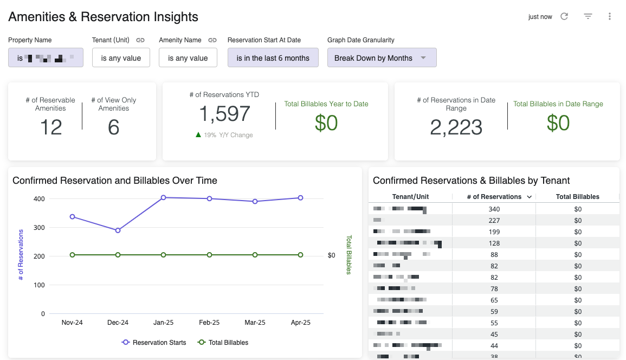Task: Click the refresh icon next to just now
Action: click(x=564, y=16)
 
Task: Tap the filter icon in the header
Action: click(x=588, y=16)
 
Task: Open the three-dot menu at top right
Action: click(x=610, y=16)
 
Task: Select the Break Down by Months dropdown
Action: click(x=382, y=58)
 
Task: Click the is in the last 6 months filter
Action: click(x=273, y=58)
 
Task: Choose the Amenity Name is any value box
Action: click(x=188, y=58)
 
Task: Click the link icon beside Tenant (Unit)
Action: click(x=140, y=40)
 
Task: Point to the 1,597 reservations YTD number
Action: click(x=224, y=114)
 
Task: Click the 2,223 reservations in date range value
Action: click(x=456, y=127)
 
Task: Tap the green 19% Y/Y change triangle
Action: click(x=198, y=135)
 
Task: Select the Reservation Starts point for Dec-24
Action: click(x=118, y=230)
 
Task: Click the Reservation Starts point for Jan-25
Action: click(x=164, y=197)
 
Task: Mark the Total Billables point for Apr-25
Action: click(x=301, y=255)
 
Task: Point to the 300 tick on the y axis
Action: click(x=38, y=227)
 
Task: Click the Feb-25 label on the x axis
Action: click(x=209, y=322)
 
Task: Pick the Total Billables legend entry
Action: click(x=222, y=343)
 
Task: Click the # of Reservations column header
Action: click(x=494, y=197)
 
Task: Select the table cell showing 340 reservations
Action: click(x=494, y=209)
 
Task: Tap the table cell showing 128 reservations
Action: click(x=494, y=243)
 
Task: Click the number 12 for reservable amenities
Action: click(x=51, y=127)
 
